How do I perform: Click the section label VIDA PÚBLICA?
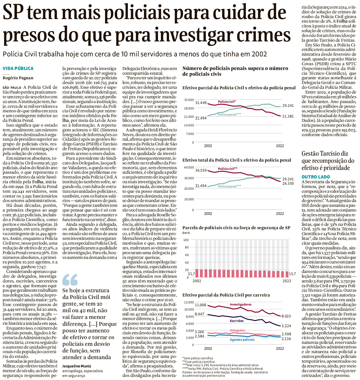18,68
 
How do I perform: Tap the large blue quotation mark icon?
70,280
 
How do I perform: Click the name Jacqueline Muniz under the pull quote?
76,366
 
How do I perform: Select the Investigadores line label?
241,304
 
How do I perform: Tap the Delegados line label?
237,330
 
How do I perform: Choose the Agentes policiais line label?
242,340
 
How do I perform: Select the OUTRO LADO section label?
316,177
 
